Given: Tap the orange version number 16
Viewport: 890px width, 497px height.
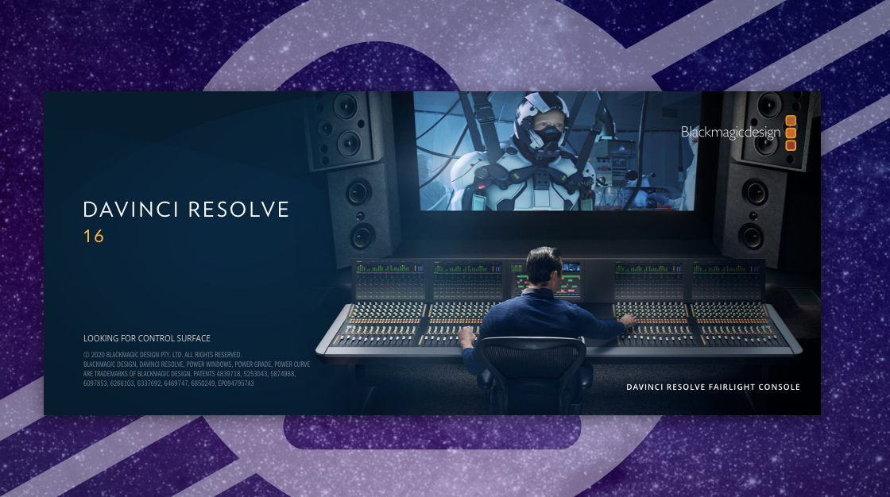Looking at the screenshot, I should pos(94,236).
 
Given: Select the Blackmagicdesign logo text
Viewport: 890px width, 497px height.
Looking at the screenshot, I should pos(729,133).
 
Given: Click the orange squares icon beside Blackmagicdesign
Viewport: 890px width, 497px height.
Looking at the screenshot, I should pos(790,133).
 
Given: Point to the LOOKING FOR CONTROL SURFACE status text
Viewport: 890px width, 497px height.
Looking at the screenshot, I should pos(147,338).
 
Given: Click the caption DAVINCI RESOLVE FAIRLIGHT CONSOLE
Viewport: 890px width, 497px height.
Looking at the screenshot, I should pos(713,387).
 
